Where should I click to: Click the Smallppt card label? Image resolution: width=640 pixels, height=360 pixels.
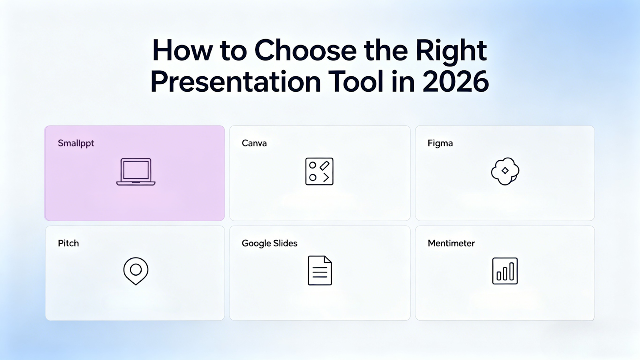point(76,144)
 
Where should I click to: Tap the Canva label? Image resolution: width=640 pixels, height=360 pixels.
point(254,143)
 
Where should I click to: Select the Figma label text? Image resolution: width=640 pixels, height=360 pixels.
point(440,144)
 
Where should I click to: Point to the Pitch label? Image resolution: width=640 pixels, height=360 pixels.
point(68,243)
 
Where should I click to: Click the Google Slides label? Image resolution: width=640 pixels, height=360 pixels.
point(270,244)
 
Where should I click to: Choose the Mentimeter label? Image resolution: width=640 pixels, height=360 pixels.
point(451,243)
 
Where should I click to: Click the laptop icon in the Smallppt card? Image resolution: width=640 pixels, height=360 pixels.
point(136,172)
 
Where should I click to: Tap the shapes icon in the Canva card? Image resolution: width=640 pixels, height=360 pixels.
point(319,172)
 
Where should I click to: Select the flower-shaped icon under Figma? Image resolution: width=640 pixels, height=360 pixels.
point(505,171)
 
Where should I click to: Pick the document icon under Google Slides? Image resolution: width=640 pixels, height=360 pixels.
point(320,270)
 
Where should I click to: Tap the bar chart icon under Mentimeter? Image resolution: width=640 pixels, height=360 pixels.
point(505,271)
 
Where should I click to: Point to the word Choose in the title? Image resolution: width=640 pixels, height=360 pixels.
point(306,50)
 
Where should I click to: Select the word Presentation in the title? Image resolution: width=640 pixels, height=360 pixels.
point(236,82)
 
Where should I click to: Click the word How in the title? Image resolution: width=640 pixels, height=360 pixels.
point(182,50)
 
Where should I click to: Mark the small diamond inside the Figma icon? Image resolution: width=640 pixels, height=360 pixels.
point(505,170)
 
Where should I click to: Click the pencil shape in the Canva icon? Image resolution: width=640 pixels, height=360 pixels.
point(324,166)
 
